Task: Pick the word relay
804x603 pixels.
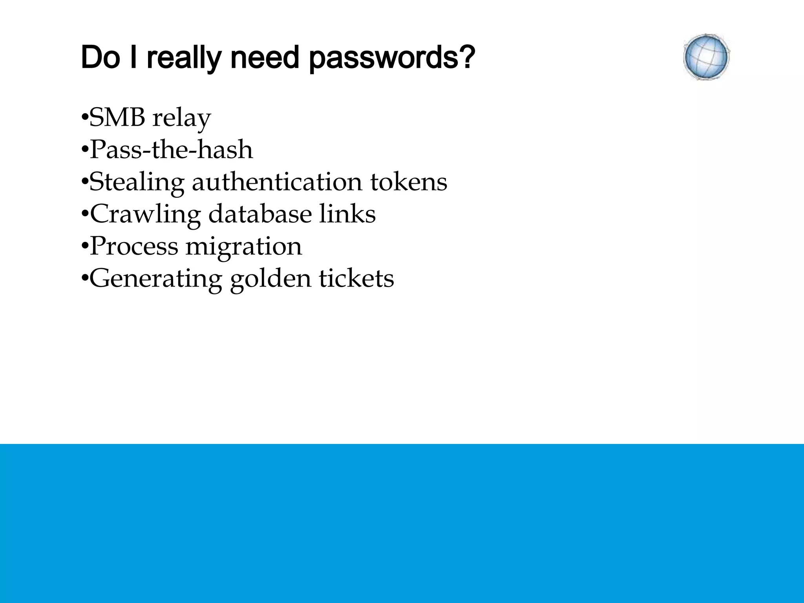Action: point(181,119)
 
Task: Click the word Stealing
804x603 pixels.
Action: point(137,183)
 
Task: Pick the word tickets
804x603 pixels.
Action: point(356,278)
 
